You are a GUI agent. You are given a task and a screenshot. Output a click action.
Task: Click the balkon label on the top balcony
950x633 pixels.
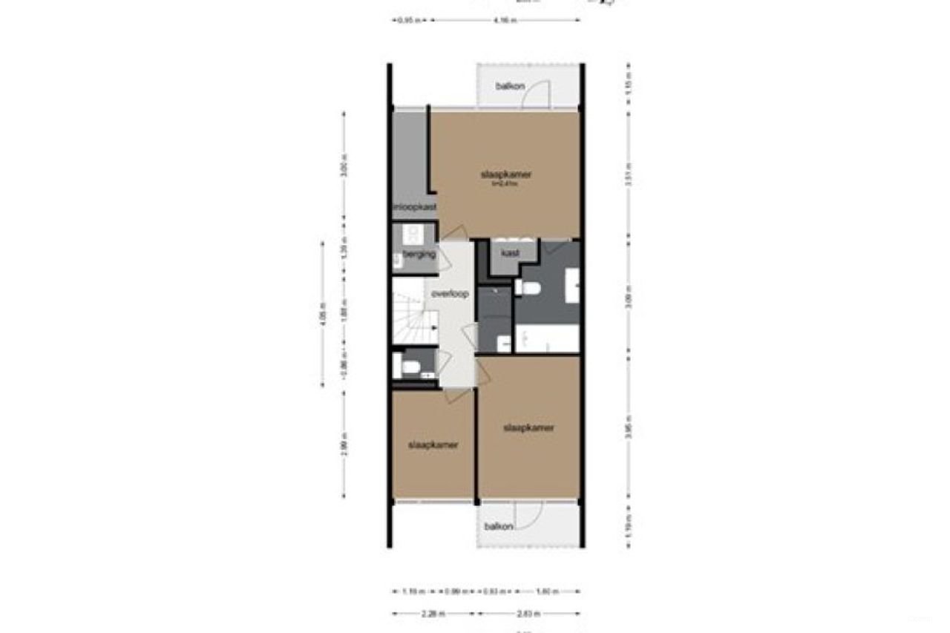tap(510, 86)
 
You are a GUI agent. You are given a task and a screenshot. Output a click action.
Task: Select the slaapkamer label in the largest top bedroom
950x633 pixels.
tap(506, 175)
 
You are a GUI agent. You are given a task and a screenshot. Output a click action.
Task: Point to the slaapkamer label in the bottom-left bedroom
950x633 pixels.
tap(433, 445)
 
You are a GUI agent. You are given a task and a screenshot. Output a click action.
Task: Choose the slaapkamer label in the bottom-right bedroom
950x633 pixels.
tap(528, 428)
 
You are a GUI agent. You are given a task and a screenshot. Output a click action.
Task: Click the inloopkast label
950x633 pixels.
tap(414, 207)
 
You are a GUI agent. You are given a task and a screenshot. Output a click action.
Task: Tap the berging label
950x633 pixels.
tap(419, 255)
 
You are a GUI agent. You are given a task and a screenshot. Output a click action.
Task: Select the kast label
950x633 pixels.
tap(510, 254)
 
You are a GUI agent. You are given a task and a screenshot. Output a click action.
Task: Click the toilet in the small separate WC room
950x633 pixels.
tap(409, 365)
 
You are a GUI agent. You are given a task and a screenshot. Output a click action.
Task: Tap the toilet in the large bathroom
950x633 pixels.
tap(529, 288)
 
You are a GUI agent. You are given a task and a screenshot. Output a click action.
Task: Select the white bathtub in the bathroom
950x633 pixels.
tap(547, 339)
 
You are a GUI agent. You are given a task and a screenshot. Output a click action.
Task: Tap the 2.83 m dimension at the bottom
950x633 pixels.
tap(529, 614)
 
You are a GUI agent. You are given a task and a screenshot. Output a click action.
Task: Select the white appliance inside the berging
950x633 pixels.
tap(413, 236)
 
